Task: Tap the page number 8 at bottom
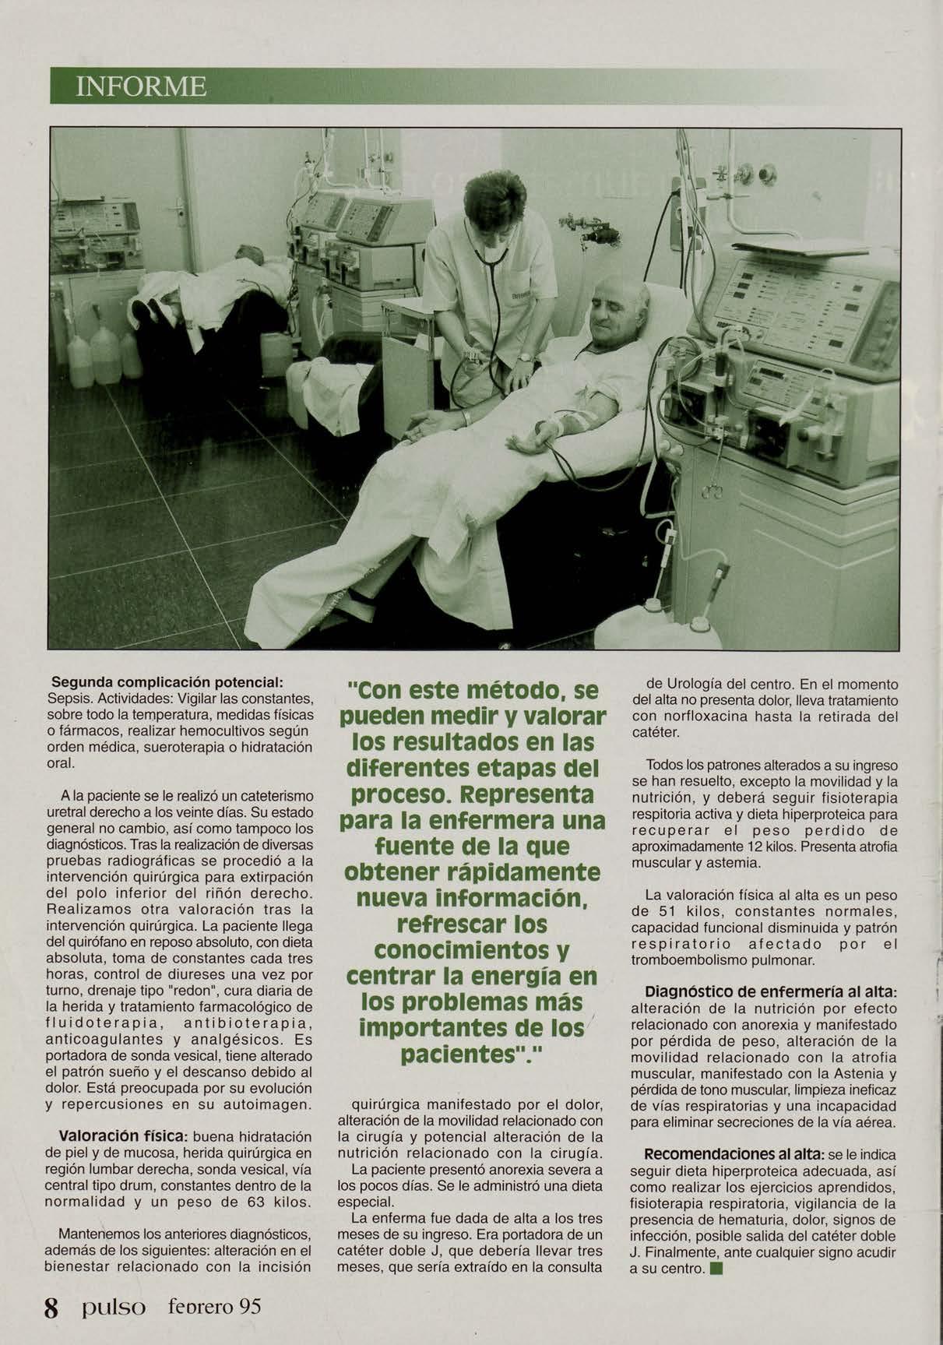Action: pyautogui.click(x=51, y=1306)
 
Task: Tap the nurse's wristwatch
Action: pyautogui.click(x=526, y=357)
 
